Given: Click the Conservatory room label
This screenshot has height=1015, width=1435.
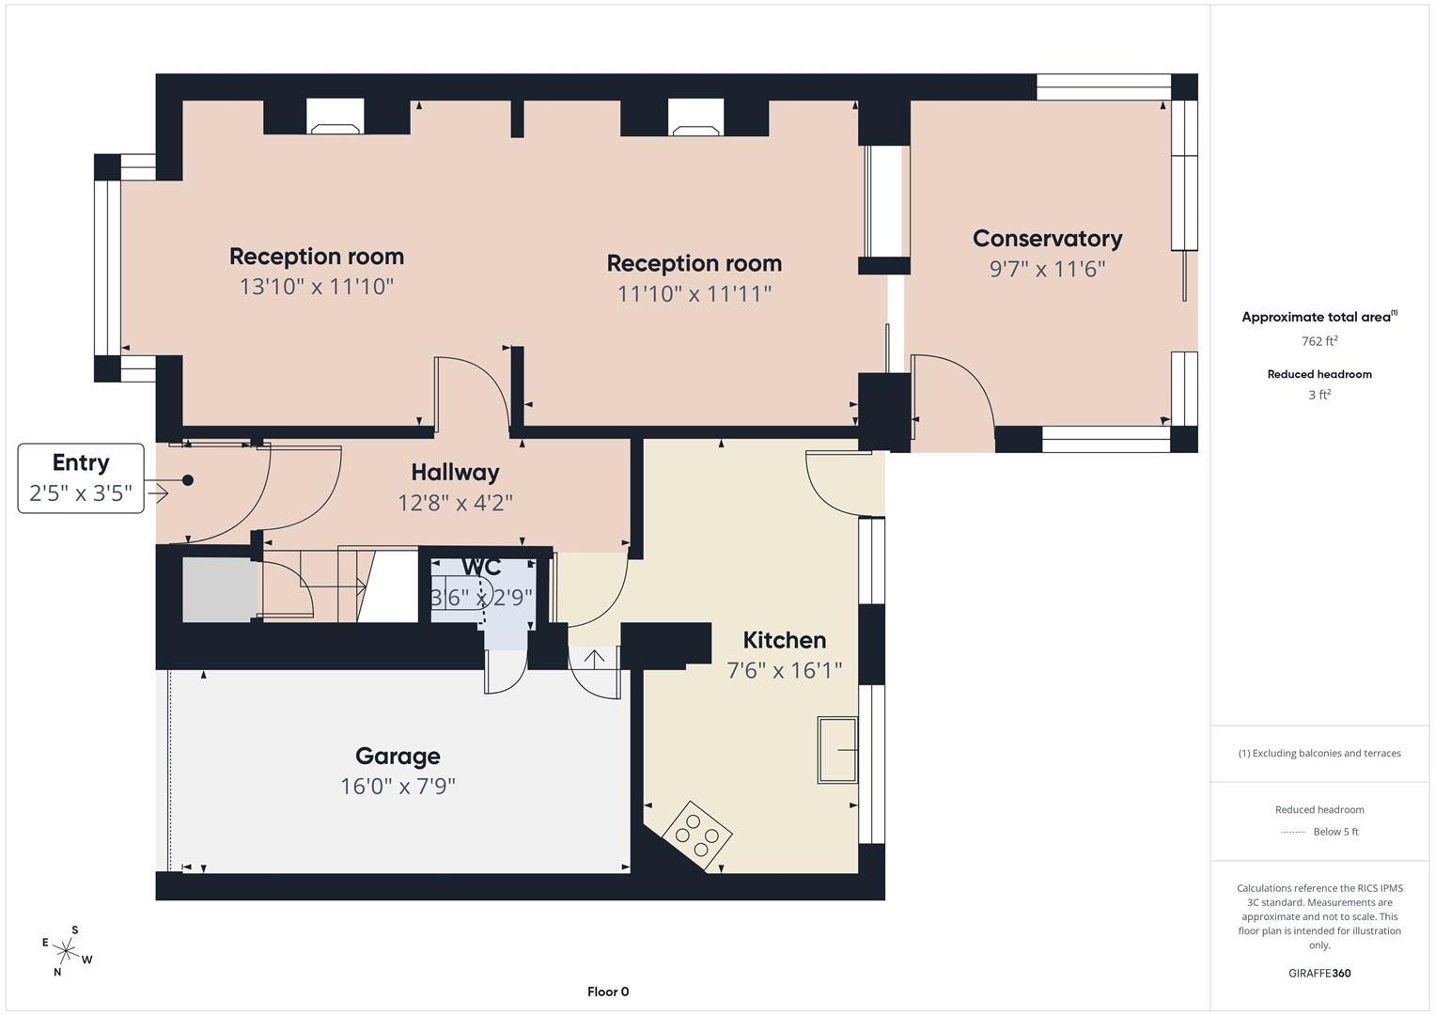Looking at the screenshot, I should coord(1047,239).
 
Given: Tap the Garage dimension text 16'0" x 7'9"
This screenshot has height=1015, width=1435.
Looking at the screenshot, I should coord(398,786).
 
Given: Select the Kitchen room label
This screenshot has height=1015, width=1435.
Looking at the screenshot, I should coord(784,640).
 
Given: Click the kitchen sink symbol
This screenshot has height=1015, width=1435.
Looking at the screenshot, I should coord(836,749).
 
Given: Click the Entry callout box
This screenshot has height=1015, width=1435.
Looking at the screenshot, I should coord(81,477).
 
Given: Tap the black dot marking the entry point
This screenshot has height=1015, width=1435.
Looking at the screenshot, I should coord(188,480).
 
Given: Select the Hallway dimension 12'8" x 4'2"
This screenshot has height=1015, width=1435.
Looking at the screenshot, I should coord(455,503).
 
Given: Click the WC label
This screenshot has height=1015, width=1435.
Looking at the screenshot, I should coord(481,568).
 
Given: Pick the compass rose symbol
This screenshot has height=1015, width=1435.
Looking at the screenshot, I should coord(67,950).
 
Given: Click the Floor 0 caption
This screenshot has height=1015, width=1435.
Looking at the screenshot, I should coord(608,992).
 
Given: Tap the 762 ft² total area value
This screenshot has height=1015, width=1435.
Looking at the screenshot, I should coord(1318,341).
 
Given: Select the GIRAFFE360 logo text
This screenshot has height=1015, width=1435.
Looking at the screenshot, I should coord(1318,973).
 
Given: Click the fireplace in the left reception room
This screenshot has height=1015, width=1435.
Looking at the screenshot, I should coord(335,117).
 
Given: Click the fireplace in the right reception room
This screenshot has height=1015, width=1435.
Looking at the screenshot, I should coord(695,117).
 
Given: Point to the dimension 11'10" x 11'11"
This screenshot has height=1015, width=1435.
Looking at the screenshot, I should coord(694,294).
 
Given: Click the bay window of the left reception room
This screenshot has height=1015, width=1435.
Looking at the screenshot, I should coord(108,268).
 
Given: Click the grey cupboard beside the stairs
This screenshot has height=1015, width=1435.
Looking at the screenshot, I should coord(218,590).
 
